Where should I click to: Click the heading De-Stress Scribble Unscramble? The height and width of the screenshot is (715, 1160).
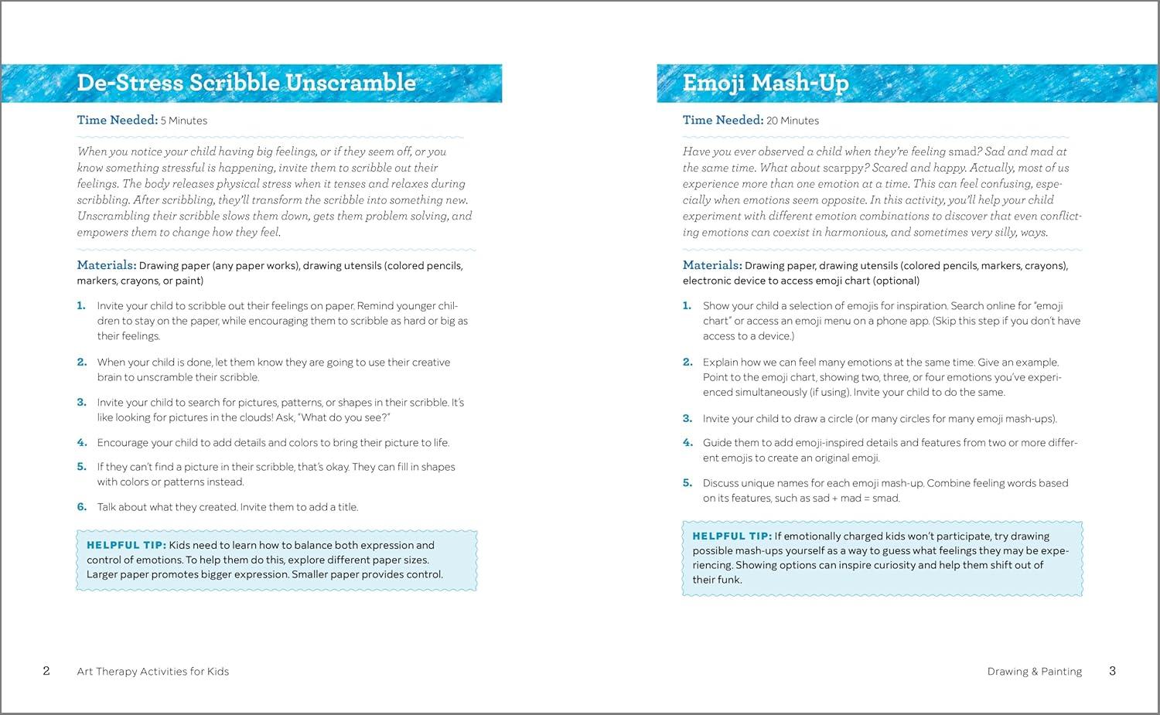pyautogui.click(x=246, y=83)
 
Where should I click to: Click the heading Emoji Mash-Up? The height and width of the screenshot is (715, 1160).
pyautogui.click(x=765, y=83)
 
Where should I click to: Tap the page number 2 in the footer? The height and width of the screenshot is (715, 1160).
pyautogui.click(x=46, y=671)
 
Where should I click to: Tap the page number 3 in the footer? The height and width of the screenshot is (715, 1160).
pyautogui.click(x=1112, y=671)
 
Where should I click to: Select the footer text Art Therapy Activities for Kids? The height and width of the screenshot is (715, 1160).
pyautogui.click(x=153, y=672)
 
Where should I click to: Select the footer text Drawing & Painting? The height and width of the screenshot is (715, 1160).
pyautogui.click(x=1034, y=672)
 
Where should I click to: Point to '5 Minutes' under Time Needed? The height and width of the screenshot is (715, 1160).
pyautogui.click(x=184, y=121)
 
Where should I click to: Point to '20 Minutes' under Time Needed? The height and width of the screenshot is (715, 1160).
pyautogui.click(x=793, y=121)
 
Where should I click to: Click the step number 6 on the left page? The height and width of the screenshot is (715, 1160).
pyautogui.click(x=81, y=507)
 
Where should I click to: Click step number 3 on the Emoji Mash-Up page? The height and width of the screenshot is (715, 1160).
pyautogui.click(x=687, y=419)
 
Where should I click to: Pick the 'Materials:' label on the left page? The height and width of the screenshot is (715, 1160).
pyautogui.click(x=106, y=265)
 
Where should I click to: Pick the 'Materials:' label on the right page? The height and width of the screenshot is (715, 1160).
pyautogui.click(x=711, y=265)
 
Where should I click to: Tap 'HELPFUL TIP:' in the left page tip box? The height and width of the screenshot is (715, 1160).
pyautogui.click(x=126, y=545)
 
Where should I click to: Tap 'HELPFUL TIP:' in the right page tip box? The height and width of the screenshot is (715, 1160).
pyautogui.click(x=732, y=536)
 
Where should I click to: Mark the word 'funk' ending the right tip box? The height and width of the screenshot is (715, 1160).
pyautogui.click(x=728, y=580)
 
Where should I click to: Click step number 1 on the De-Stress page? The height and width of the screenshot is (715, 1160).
pyautogui.click(x=81, y=306)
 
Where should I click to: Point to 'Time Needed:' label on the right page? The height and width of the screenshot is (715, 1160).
pyautogui.click(x=722, y=120)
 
